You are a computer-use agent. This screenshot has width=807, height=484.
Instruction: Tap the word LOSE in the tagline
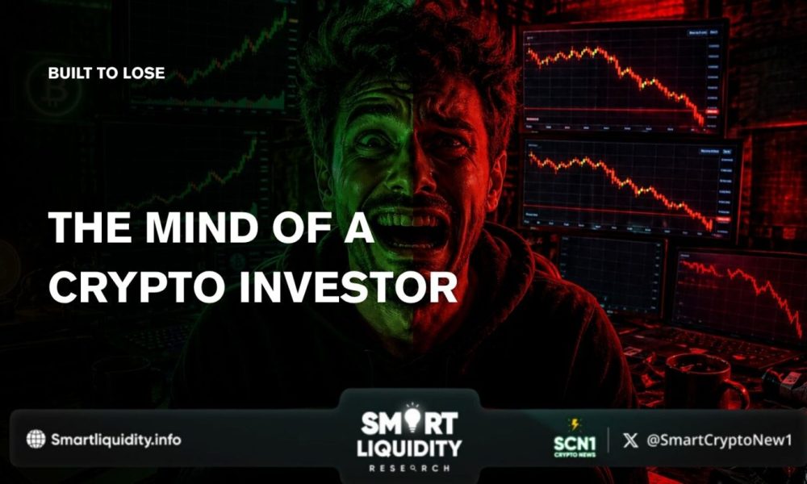(145, 73)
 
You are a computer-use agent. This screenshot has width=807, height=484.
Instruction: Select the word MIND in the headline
(185, 230)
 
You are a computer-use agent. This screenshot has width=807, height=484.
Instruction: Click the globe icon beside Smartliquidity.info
(36, 439)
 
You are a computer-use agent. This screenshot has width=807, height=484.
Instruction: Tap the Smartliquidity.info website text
(116, 440)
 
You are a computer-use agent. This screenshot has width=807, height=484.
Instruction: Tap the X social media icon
(630, 440)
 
